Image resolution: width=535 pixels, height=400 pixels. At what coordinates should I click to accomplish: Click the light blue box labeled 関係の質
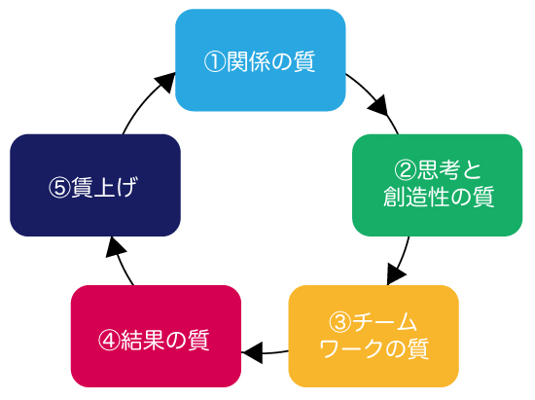click(261, 60)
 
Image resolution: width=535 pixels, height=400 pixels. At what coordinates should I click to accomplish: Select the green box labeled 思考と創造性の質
click(437, 185)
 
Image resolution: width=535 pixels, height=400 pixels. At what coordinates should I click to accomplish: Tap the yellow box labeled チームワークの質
click(374, 336)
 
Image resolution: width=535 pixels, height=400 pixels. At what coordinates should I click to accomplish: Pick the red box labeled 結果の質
click(156, 336)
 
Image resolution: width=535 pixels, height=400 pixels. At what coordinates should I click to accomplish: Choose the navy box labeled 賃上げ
click(95, 185)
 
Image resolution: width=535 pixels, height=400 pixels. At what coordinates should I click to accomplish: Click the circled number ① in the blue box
click(215, 62)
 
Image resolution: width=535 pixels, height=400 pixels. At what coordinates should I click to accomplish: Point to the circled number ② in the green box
click(405, 170)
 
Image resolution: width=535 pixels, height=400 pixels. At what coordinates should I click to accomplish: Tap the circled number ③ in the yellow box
click(339, 322)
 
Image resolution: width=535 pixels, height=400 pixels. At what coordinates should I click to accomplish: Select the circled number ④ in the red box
click(109, 341)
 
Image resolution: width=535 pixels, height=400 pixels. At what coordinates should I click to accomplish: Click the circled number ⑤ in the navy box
click(59, 188)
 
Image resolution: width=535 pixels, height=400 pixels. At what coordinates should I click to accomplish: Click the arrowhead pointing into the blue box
click(165, 81)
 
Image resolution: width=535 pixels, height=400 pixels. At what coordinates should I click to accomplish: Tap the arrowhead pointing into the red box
click(252, 352)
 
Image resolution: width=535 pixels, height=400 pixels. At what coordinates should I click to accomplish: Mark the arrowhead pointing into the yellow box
click(395, 273)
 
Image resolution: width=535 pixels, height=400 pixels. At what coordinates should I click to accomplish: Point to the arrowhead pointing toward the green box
click(378, 106)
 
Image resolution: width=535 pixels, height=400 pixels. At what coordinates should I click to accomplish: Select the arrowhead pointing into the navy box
click(116, 247)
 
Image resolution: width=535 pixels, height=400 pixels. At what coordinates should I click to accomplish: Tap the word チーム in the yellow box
click(384, 322)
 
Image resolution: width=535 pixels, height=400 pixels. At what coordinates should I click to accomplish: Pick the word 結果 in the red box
click(143, 341)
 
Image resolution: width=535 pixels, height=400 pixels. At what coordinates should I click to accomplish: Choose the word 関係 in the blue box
click(248, 62)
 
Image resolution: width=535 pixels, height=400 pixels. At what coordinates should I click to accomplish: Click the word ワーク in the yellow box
click(352, 348)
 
